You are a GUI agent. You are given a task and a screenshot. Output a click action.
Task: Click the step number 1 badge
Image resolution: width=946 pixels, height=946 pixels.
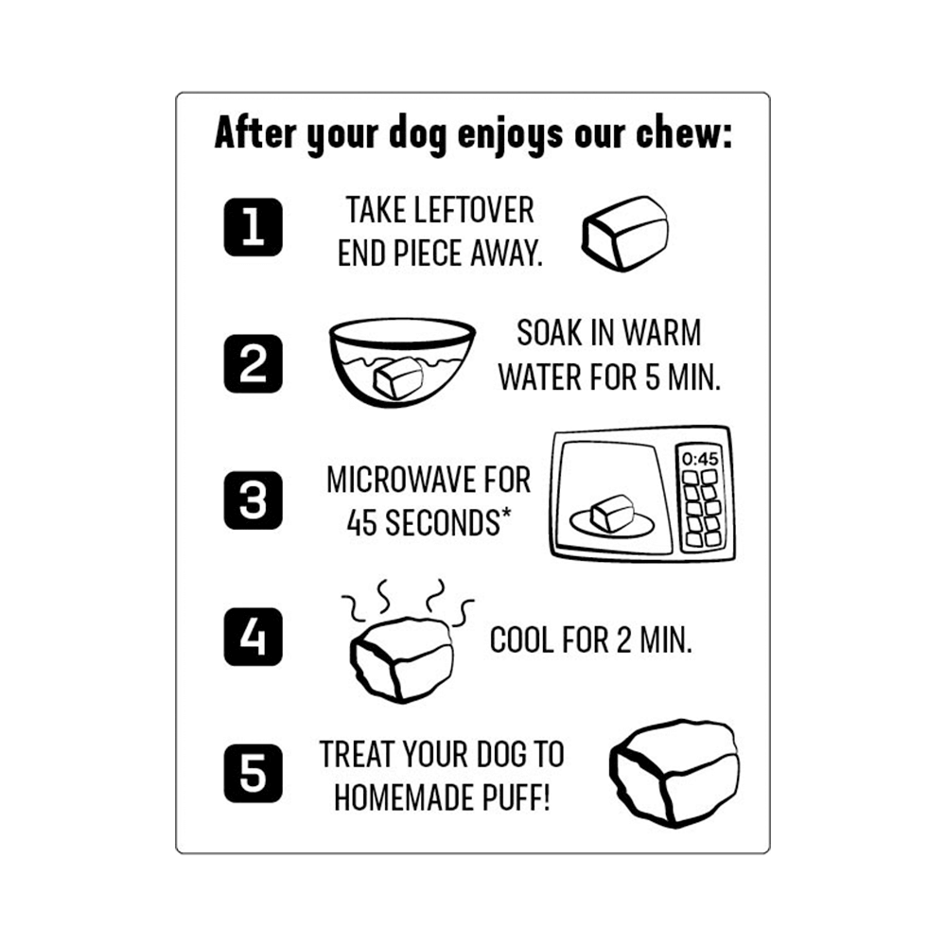(253, 227)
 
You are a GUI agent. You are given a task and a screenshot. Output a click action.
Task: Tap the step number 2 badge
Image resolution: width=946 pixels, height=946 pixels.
(253, 364)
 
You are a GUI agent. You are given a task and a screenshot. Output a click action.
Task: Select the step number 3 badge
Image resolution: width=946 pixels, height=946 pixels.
(253, 500)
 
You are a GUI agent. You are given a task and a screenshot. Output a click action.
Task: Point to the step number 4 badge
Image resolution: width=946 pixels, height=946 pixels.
(253, 637)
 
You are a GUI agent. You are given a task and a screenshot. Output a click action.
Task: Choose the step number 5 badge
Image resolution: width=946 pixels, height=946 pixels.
(253, 774)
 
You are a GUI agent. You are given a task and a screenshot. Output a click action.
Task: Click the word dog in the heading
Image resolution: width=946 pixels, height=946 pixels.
(417, 135)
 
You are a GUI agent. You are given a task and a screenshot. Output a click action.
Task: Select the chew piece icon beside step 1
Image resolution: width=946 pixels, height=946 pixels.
(625, 233)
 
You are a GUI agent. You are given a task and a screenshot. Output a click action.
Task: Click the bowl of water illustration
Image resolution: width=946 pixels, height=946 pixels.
(402, 362)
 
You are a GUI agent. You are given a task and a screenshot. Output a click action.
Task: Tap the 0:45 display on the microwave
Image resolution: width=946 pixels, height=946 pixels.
(700, 459)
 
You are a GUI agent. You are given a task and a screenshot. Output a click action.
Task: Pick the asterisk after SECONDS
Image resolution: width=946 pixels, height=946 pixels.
(505, 514)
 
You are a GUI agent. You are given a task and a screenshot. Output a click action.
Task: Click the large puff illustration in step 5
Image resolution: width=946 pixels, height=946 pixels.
(674, 773)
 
